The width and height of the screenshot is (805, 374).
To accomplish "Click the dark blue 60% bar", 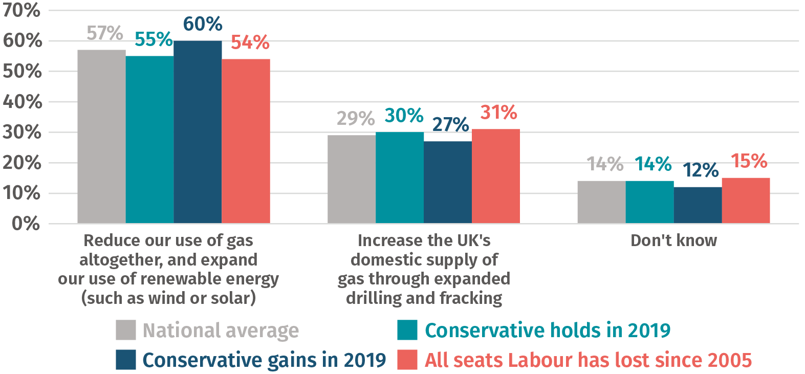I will click(198, 132).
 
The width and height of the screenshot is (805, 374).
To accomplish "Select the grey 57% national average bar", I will click(101, 136).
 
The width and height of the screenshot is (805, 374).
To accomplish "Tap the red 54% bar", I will click(246, 141).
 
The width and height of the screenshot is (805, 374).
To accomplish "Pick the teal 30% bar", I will click(400, 178).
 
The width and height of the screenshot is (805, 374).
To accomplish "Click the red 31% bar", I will click(496, 176).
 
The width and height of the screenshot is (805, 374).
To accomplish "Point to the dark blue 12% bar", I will click(698, 205).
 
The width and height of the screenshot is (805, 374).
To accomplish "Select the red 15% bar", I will click(746, 201).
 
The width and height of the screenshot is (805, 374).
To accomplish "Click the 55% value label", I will click(154, 39).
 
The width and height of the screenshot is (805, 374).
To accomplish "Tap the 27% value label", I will click(450, 124).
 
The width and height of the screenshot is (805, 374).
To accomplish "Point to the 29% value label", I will click(355, 119).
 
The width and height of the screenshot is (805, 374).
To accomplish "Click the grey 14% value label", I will click(605, 164).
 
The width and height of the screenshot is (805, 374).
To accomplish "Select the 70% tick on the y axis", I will click(21, 10).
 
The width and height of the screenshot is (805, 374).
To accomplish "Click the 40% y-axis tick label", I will click(21, 102).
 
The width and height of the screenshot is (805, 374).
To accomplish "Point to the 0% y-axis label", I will click(26, 224).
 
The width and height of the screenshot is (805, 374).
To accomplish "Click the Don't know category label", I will click(673, 240).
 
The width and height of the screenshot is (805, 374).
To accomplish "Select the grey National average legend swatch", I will click(125, 330).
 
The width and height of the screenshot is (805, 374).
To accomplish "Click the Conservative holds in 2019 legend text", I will click(548, 331).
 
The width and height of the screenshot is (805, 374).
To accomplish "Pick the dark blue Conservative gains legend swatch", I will click(125, 360).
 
